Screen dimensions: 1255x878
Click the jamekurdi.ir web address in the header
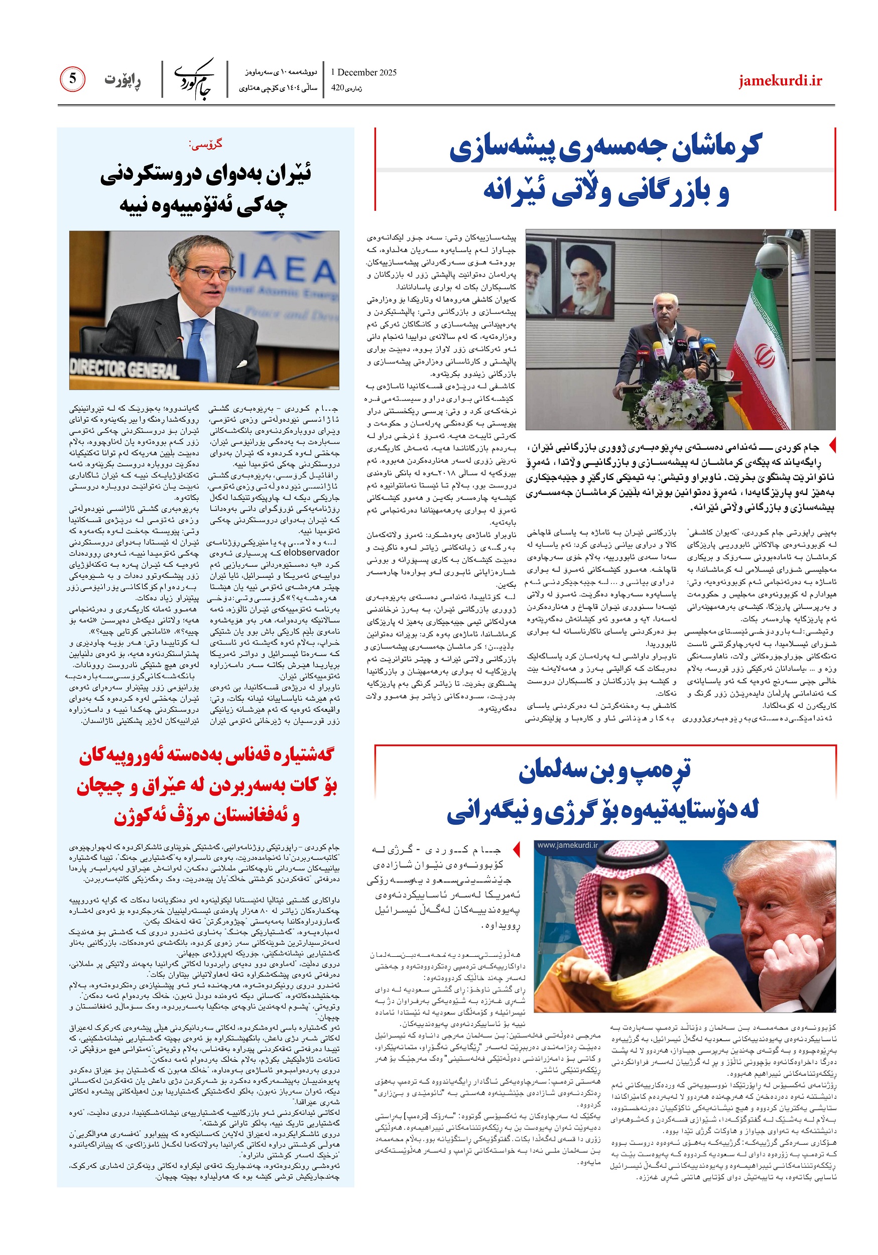click(780, 81)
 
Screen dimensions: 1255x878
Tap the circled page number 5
click(72, 79)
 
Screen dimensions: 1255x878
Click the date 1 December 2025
click(363, 72)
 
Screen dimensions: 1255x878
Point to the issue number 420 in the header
click(338, 87)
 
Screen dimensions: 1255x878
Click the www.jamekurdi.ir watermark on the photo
click(567, 845)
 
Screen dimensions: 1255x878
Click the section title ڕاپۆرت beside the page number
click(122, 80)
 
